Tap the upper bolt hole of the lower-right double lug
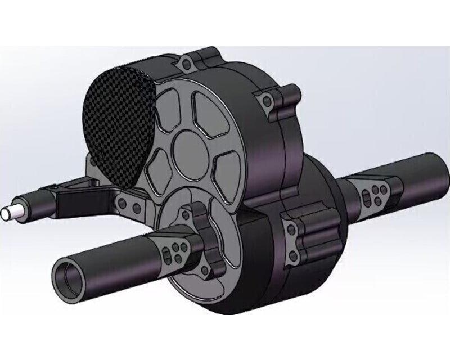point(291,227)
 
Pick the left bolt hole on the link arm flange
point(120,199)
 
